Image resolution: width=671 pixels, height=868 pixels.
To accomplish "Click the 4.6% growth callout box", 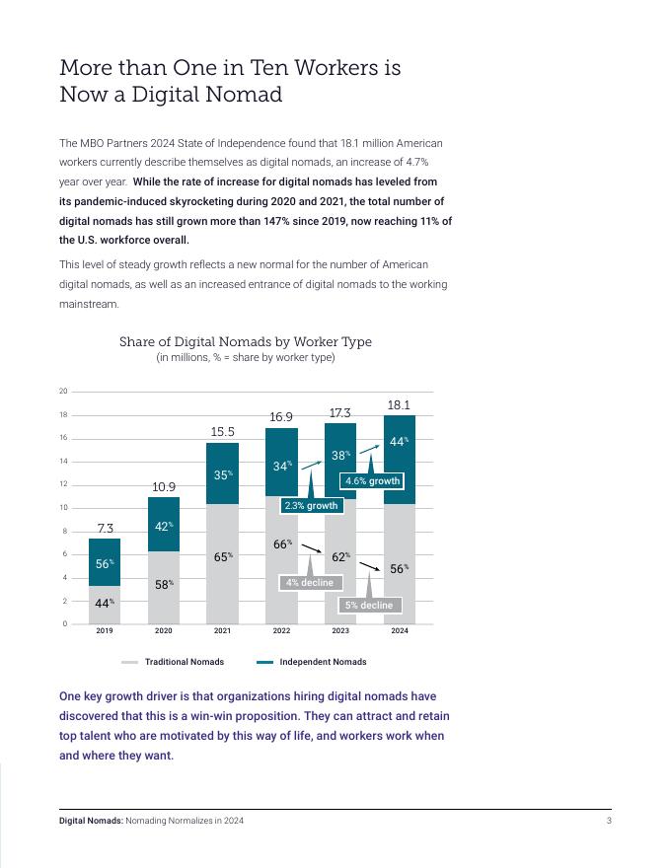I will [372, 481].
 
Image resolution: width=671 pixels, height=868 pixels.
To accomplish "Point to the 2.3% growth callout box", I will [310, 506].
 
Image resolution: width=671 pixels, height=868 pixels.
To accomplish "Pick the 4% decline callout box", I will [309, 583].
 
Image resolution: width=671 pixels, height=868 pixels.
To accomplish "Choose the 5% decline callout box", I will [369, 605].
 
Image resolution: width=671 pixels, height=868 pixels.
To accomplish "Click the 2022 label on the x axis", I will [281, 631].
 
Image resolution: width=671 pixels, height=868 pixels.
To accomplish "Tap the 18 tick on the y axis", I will [63, 415].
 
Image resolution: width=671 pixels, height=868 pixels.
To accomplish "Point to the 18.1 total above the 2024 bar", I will [399, 405].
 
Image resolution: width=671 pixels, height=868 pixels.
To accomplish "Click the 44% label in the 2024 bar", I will [399, 442].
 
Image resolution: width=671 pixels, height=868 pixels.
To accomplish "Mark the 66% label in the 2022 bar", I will [282, 543].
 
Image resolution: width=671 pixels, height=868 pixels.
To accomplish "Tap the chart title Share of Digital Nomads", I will [246, 342].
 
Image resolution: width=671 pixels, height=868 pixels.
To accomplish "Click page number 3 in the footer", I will [609, 821].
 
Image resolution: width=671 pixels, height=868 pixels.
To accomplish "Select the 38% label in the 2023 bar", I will [340, 456].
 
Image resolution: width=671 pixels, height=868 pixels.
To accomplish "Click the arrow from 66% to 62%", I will [311, 548].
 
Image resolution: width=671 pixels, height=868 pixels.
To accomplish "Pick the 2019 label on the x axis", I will [105, 631].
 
